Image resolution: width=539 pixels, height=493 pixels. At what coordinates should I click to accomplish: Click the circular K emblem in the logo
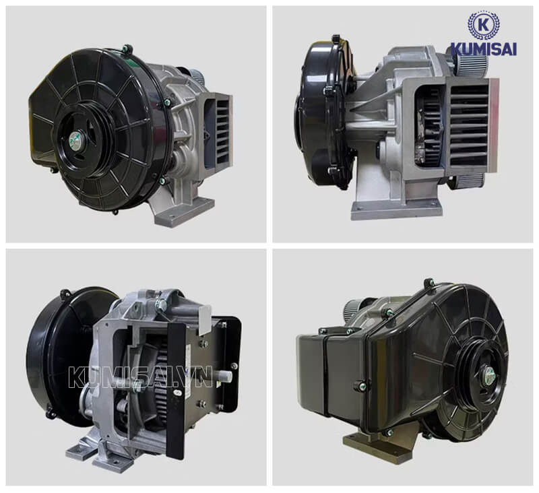[484, 26]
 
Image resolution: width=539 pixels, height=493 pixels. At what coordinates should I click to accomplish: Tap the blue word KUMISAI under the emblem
[483, 48]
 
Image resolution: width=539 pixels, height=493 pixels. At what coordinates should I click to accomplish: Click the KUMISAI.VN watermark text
[140, 377]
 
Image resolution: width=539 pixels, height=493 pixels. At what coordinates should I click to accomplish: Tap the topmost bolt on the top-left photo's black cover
[127, 48]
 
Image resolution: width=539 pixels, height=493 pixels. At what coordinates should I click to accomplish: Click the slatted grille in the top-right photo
[468, 126]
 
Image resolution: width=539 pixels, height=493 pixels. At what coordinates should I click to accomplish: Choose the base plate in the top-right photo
[396, 210]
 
